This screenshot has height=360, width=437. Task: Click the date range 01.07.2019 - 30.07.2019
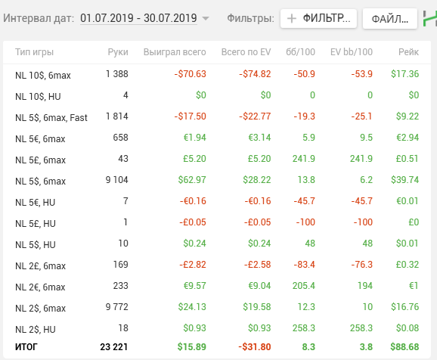138,18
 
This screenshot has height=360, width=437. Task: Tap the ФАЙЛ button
390,19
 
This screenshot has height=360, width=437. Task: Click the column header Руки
118,52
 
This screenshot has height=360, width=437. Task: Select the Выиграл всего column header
175,52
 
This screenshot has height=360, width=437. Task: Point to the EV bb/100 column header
352,52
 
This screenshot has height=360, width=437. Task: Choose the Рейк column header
408,52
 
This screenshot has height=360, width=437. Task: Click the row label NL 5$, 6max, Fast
51,118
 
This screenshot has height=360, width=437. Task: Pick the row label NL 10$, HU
38,97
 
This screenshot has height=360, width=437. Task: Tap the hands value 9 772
116,307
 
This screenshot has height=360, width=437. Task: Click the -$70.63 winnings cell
190,74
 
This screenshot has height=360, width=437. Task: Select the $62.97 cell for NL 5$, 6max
192,179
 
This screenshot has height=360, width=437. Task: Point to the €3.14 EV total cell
259,137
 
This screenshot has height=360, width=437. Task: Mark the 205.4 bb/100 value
303,286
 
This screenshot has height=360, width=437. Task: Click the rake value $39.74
404,179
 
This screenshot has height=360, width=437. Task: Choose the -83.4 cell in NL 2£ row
305,265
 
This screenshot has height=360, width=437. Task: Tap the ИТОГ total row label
26,346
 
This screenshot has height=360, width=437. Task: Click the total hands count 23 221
113,346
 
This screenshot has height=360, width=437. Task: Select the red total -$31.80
255,346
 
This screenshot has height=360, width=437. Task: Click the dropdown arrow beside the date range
206,19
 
